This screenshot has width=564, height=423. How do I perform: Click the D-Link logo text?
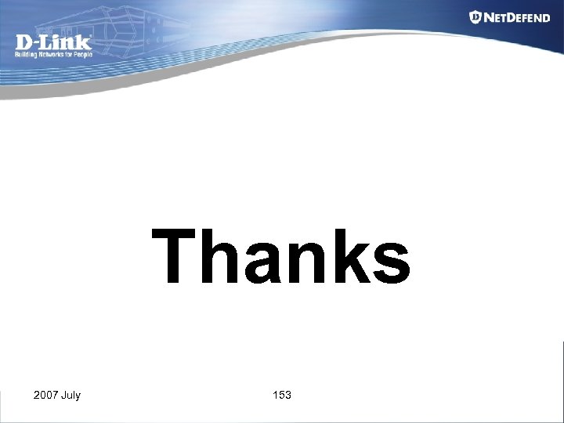coord(53,42)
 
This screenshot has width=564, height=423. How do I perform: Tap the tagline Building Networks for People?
coord(53,55)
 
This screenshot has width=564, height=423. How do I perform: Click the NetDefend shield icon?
coord(475,17)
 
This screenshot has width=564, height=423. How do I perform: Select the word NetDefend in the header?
coord(517,17)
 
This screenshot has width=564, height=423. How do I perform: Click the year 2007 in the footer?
coord(45,395)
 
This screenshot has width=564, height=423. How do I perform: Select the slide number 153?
coord(282,395)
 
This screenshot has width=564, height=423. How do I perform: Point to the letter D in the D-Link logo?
coord(23,42)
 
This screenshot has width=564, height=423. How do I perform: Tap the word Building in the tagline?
coord(27,55)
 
